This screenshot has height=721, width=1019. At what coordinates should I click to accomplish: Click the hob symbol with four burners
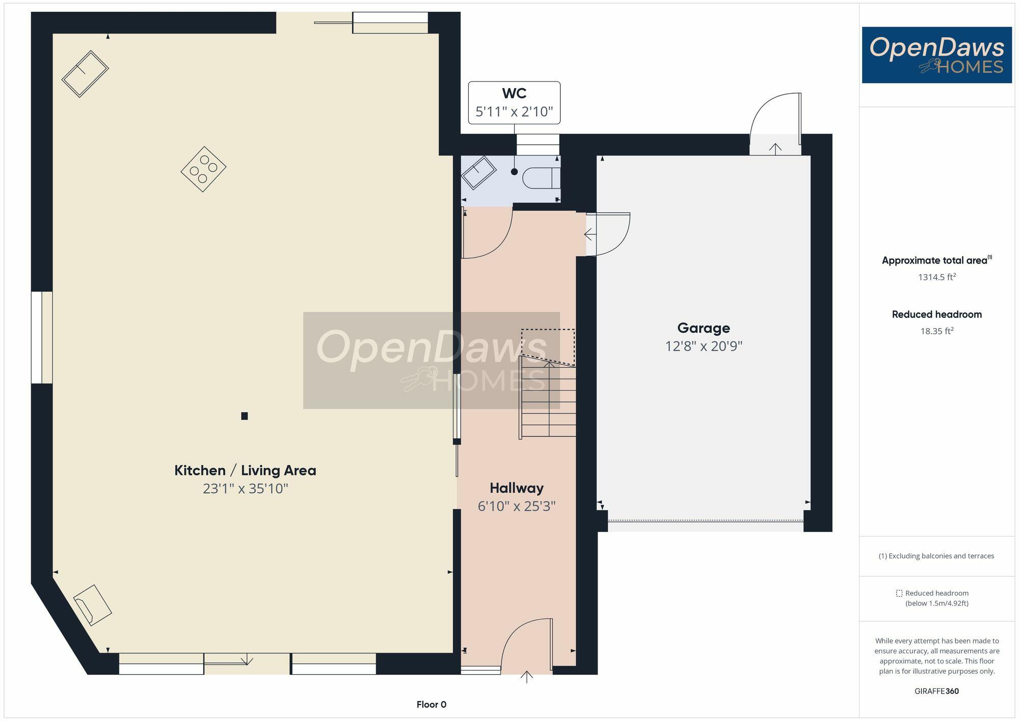(x=203, y=169)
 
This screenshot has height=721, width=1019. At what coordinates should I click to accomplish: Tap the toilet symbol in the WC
(x=542, y=178)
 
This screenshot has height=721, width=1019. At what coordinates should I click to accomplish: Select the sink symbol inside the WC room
(x=478, y=173)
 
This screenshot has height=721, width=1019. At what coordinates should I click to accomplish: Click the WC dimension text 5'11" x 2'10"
(x=514, y=112)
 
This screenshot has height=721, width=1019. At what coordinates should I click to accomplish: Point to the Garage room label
(x=703, y=328)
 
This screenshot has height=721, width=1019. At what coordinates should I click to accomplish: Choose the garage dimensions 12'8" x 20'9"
(x=703, y=346)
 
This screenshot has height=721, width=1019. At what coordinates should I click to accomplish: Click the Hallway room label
(x=516, y=488)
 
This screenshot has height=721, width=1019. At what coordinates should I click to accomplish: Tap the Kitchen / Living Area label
(x=245, y=470)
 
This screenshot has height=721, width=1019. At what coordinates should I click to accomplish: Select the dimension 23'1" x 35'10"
(x=245, y=489)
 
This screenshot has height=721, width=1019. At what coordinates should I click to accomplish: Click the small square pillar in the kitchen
(x=245, y=416)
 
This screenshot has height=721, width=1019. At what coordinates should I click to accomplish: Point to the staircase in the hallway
(x=548, y=397)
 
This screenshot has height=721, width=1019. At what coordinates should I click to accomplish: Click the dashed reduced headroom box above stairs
(x=548, y=347)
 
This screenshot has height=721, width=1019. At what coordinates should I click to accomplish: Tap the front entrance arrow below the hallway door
(x=527, y=677)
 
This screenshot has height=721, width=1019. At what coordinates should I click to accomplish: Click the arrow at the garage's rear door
(x=775, y=149)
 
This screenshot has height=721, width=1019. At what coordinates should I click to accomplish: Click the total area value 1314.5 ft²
(x=936, y=277)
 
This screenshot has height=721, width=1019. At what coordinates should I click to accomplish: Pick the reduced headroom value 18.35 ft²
(x=936, y=331)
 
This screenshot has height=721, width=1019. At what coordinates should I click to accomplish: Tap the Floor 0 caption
(x=431, y=705)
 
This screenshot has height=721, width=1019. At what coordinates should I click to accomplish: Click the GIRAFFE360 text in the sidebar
(x=936, y=691)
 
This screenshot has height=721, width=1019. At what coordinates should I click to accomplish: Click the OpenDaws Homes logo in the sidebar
(x=936, y=55)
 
